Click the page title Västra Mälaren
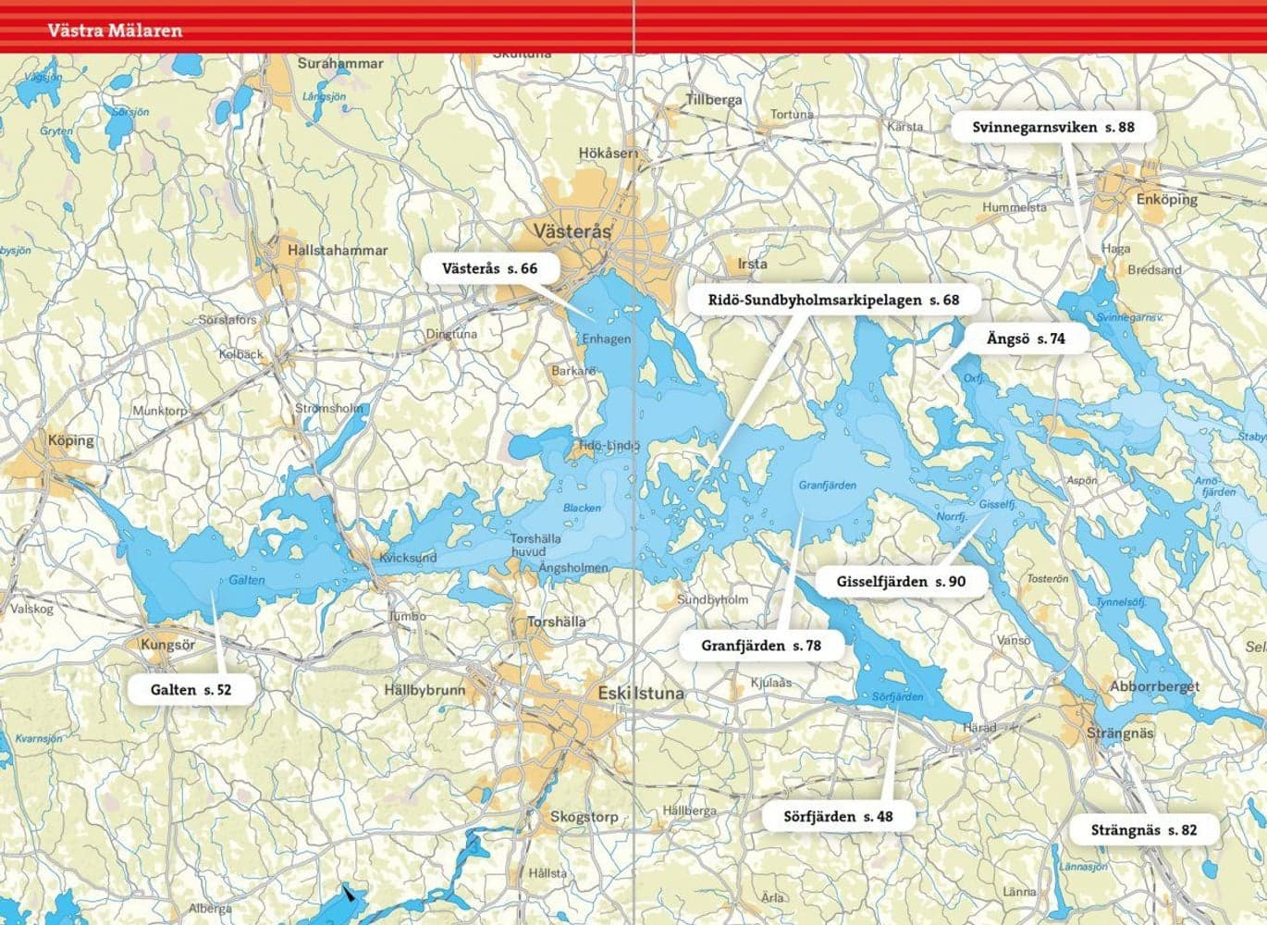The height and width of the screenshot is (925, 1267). pyautogui.click(x=115, y=31)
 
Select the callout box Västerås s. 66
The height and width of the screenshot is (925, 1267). pyautogui.click(x=489, y=269)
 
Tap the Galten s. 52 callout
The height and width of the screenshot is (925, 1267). pyautogui.click(x=191, y=689)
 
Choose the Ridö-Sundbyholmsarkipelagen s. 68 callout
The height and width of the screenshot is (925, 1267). pyautogui.click(x=833, y=300)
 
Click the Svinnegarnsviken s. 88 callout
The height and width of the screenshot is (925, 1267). pyautogui.click(x=1052, y=128)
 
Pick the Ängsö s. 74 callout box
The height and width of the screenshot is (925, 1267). pyautogui.click(x=1025, y=339)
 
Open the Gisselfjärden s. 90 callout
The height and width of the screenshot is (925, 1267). pyautogui.click(x=901, y=582)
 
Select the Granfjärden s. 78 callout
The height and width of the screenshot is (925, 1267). pyautogui.click(x=761, y=646)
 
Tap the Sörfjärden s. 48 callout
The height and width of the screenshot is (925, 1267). pyautogui.click(x=838, y=816)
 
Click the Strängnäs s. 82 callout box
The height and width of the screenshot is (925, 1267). pyautogui.click(x=1143, y=830)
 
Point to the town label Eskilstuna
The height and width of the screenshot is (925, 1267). pyautogui.click(x=641, y=693)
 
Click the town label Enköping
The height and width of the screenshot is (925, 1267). pyautogui.click(x=1166, y=199)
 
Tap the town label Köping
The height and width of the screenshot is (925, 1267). pyautogui.click(x=71, y=440)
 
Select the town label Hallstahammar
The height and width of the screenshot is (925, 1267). pyautogui.click(x=338, y=251)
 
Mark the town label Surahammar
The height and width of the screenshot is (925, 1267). pyautogui.click(x=339, y=64)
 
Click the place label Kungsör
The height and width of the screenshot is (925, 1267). pyautogui.click(x=167, y=644)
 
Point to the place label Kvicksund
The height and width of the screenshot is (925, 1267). pyautogui.click(x=408, y=558)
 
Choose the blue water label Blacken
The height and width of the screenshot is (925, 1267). pyautogui.click(x=582, y=508)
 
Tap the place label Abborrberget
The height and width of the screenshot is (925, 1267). pyautogui.click(x=1154, y=686)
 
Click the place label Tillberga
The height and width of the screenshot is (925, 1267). pyautogui.click(x=713, y=99)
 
